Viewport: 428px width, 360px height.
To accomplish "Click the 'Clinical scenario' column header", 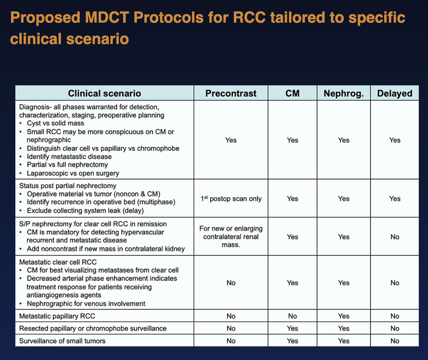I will tap(104, 93).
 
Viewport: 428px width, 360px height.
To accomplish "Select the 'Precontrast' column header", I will tap(231, 93).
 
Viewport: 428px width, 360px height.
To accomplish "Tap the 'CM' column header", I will tap(292, 93).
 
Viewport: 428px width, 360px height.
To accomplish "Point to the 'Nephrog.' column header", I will tap(343, 93).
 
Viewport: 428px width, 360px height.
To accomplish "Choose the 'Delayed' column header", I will tap(394, 93).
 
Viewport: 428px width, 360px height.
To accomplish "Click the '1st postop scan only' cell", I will tap(231, 199).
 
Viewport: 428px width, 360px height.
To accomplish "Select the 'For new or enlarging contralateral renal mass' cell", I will tap(231, 237).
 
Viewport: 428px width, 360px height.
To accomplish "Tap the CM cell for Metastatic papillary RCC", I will tap(292, 316).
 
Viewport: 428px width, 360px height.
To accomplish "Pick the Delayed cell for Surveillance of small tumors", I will tap(394, 341).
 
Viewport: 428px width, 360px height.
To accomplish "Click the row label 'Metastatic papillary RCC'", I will tap(57, 316).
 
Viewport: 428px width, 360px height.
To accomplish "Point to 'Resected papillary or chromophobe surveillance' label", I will tap(93, 329).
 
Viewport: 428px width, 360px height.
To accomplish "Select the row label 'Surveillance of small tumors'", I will tap(62, 341).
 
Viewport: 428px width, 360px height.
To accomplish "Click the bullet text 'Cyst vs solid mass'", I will tap(55, 123).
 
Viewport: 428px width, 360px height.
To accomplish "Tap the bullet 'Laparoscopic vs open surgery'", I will tap(73, 173).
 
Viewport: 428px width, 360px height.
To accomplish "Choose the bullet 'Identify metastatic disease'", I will tap(69, 157).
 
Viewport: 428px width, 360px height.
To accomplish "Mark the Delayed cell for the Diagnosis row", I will tap(394, 140).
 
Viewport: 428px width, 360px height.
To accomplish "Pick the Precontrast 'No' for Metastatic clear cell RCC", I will tap(231, 283).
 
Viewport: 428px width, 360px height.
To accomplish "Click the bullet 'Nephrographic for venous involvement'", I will tap(86, 304).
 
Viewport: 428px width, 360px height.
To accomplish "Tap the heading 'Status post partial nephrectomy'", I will tap(67, 186).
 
